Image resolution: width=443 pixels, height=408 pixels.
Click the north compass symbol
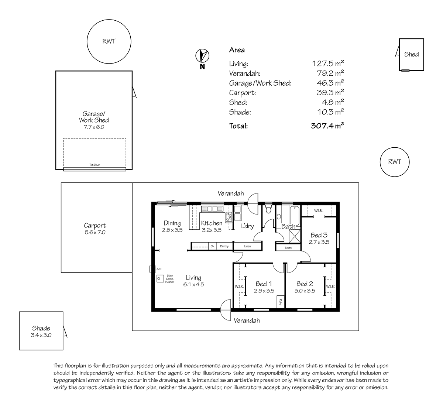(x=202, y=55)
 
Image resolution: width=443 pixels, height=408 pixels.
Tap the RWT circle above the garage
(x=109, y=20)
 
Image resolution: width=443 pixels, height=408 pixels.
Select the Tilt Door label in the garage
(x=95, y=165)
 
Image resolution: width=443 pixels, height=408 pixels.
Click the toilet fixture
(x=268, y=209)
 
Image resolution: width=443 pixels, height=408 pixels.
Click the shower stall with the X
(x=295, y=236)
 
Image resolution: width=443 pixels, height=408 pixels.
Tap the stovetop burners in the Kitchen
(x=229, y=217)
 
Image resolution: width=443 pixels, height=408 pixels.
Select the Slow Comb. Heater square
(x=160, y=278)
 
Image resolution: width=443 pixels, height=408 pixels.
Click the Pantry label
(x=224, y=246)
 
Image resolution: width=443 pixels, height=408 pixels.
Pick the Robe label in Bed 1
(x=281, y=302)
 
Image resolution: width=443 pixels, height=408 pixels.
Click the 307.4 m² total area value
(x=327, y=126)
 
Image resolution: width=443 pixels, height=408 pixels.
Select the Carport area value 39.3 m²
(x=330, y=92)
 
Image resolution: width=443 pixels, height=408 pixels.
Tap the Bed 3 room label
(x=319, y=235)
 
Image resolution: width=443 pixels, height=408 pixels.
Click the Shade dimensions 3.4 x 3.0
(x=41, y=335)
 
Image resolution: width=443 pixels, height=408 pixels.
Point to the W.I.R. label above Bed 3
(x=319, y=211)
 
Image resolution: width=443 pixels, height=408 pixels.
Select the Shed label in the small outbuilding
(x=411, y=54)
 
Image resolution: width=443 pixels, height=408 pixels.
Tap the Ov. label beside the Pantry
(x=212, y=246)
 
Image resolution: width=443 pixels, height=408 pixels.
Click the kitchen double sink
(x=212, y=209)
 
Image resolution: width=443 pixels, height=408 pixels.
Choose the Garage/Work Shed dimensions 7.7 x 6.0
(x=94, y=127)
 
